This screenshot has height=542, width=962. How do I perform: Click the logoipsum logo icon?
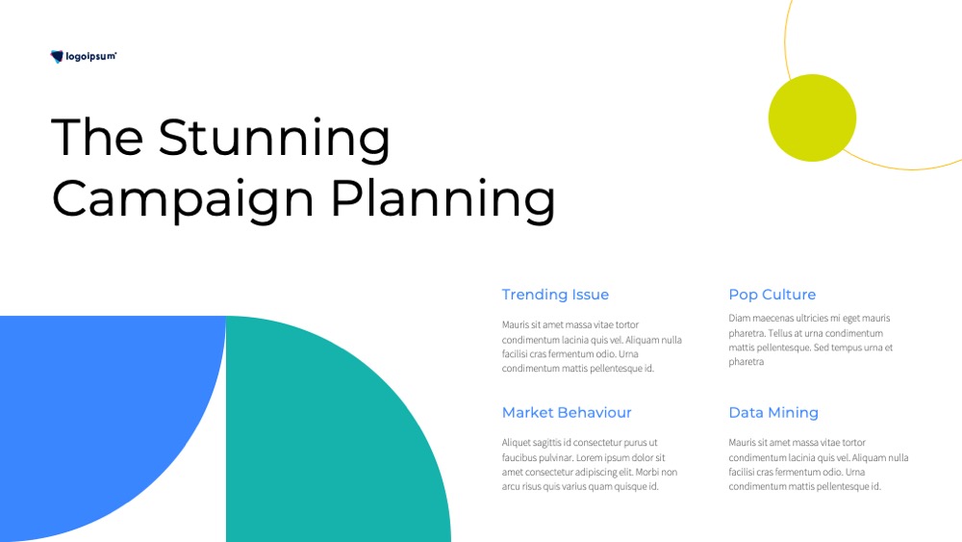[57, 57]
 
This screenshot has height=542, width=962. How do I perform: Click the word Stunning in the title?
[274, 139]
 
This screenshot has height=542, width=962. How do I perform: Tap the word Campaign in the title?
[183, 200]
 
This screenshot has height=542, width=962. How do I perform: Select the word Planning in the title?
[443, 200]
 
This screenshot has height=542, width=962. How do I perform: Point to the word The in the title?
[97, 137]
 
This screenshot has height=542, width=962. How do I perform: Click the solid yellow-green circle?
[812, 117]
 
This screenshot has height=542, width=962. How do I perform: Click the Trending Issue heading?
[555, 295]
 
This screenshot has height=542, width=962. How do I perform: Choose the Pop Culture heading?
[772, 295]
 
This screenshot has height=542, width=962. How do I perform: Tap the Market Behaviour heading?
[567, 412]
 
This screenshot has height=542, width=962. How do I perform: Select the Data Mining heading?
[773, 413]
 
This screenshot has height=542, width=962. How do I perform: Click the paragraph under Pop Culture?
[810, 340]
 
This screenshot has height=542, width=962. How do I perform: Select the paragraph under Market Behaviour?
[590, 465]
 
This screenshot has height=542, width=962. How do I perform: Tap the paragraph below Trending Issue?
[592, 347]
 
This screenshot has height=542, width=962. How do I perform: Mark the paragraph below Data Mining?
[819, 465]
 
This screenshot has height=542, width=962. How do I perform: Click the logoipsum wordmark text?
[90, 57]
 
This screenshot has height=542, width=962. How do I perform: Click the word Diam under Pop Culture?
[739, 318]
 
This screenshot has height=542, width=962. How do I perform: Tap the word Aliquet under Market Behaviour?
[516, 443]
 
